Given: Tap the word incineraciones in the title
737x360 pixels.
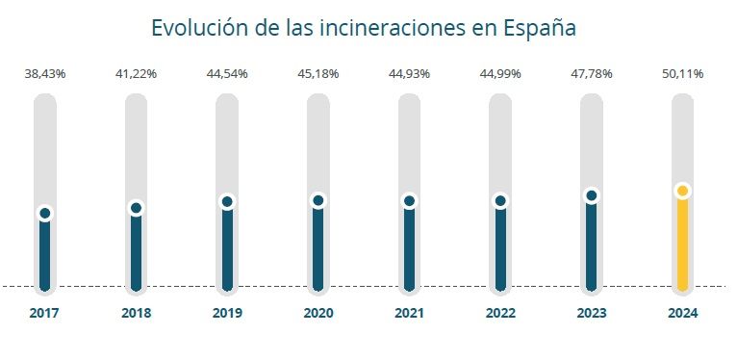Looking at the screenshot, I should tap(400, 28).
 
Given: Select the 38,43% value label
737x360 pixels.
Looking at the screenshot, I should tap(44, 75).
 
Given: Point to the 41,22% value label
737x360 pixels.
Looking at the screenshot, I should tap(136, 75).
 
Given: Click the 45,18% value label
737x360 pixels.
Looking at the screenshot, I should tap(318, 75).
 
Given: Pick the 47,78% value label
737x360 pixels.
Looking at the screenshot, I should tap(591, 75).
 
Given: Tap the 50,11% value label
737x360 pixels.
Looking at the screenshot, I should tap(682, 75).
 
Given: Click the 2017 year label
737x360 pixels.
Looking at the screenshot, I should tap(44, 313).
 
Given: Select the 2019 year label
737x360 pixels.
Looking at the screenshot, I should tap(227, 313).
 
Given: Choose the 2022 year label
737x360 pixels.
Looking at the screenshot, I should tap(500, 313).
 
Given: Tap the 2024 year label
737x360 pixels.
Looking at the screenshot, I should tap(682, 313).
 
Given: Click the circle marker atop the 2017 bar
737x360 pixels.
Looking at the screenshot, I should tap(44, 214).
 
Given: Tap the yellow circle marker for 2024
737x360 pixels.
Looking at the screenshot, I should tap(682, 191).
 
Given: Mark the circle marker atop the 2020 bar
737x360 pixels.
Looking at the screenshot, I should tap(318, 200).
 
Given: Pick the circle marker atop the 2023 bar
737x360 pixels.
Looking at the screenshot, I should tap(591, 195).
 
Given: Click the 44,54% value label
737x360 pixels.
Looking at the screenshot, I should tap(227, 75).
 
